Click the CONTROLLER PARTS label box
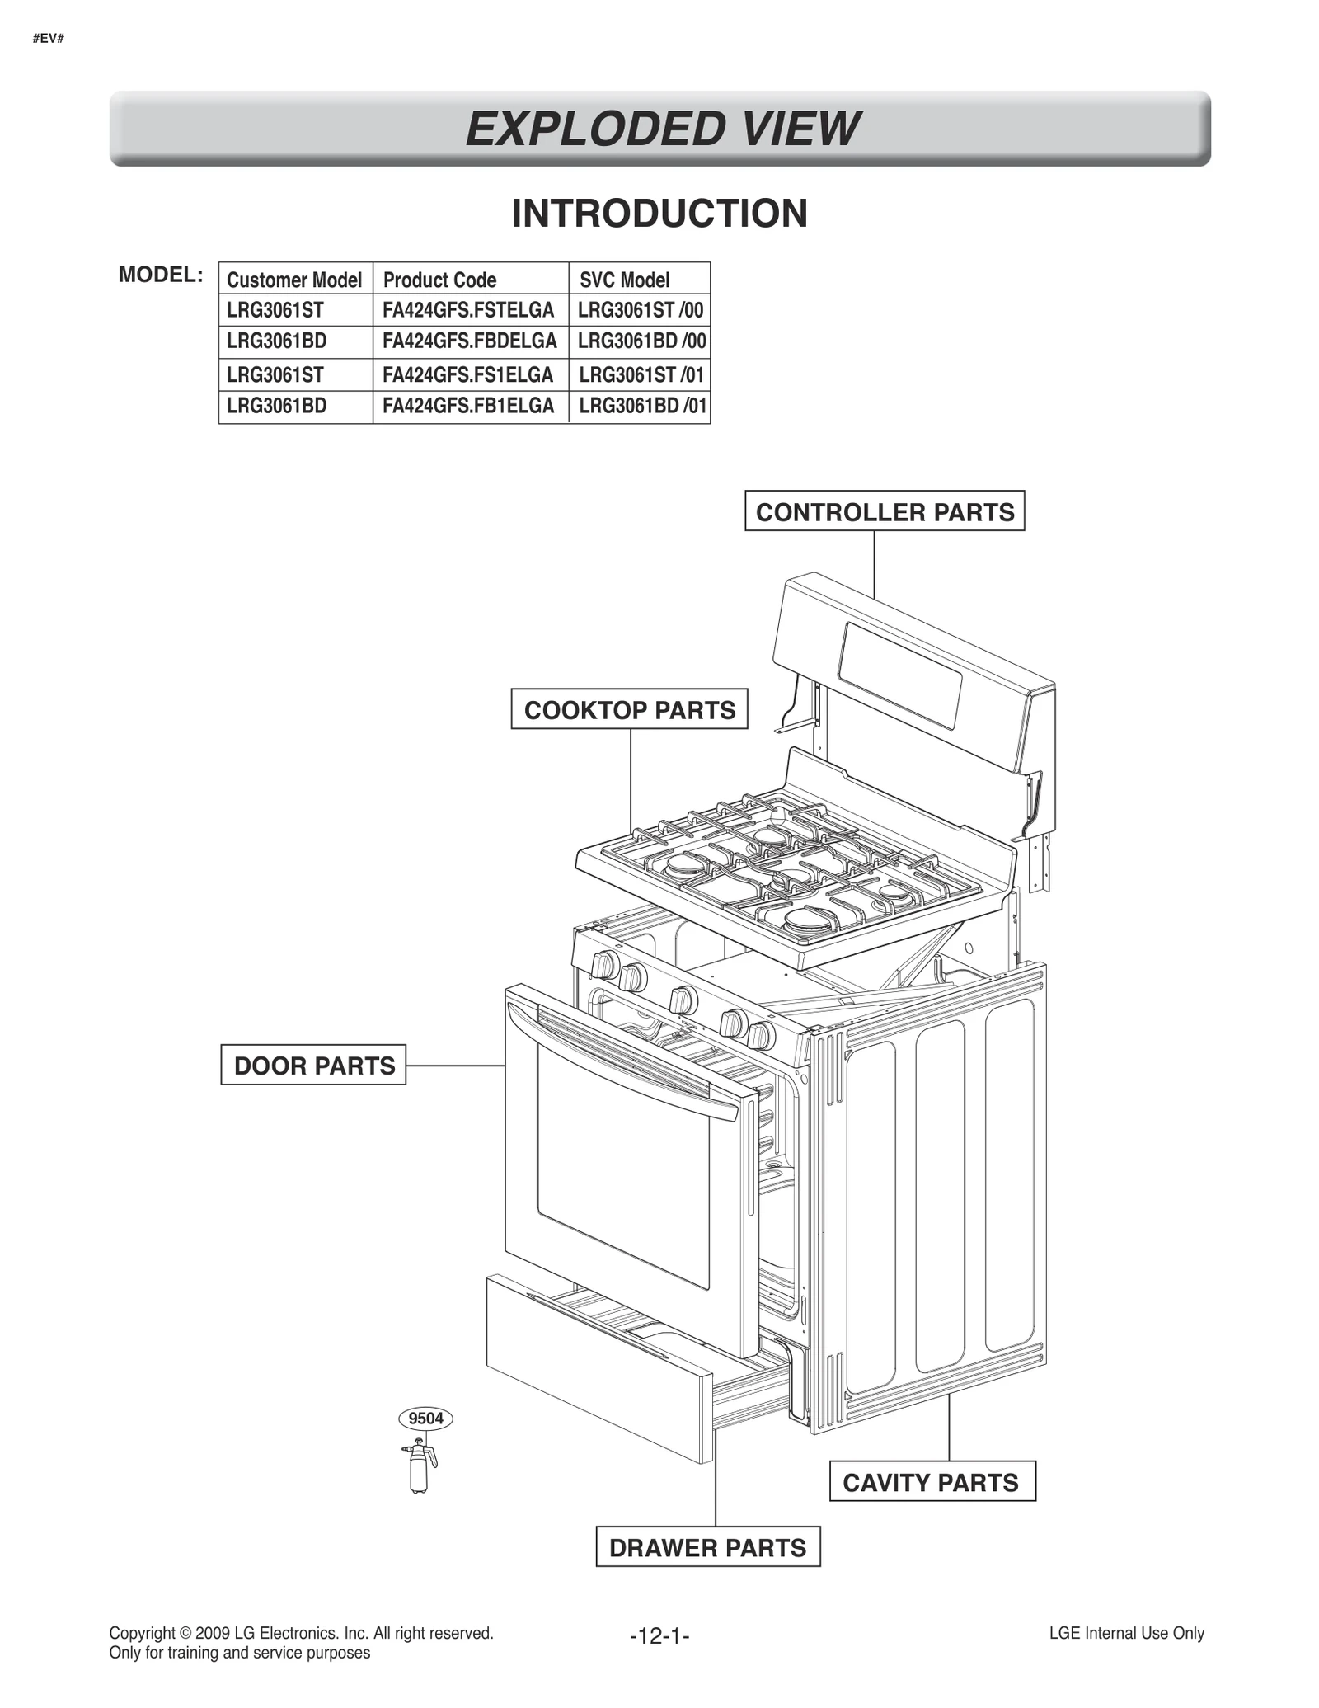click(x=884, y=511)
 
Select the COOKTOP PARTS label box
click(x=629, y=709)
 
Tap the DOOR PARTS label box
click(x=313, y=1065)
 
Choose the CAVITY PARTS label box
click(x=932, y=1482)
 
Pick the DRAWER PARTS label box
click(x=707, y=1547)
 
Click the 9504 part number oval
click(x=425, y=1419)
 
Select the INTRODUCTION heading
click(x=659, y=214)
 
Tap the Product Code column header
click(x=439, y=280)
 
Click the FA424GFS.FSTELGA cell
click(x=468, y=311)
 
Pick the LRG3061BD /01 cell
click(x=642, y=406)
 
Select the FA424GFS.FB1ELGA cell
click(x=468, y=406)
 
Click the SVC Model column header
click(x=624, y=280)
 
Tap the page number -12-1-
click(x=659, y=1635)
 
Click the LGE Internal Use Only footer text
click(x=1126, y=1633)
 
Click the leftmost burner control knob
click(x=605, y=964)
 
